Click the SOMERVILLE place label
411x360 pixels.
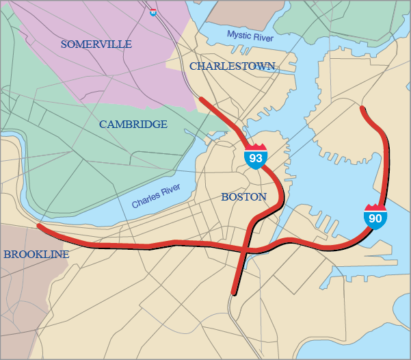point(96,44)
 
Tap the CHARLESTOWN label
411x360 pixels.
point(232,66)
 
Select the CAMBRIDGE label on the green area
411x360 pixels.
point(133,125)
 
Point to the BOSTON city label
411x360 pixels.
point(243,197)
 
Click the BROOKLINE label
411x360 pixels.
point(36,255)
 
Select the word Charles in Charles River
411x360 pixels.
point(146,201)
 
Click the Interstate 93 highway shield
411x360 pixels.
point(256,157)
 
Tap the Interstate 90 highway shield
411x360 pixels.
point(375,217)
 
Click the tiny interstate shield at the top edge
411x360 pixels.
point(153,11)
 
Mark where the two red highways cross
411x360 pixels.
point(246,251)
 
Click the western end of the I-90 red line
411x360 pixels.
point(38,225)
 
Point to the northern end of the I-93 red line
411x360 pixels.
point(200,99)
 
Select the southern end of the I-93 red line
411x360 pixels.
point(234,294)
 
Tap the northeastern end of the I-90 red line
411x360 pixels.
point(362,107)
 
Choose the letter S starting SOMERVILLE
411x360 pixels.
point(64,44)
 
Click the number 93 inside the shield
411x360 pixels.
point(256,159)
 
